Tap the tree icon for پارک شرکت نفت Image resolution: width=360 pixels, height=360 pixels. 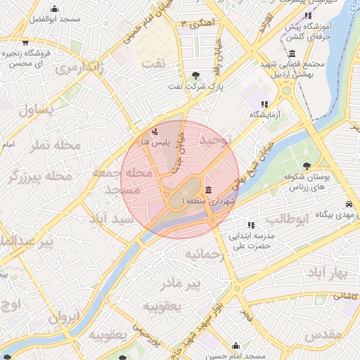[195, 75]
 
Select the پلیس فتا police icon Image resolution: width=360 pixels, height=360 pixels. [155, 131]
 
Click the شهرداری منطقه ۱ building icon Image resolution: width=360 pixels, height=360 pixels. [209, 191]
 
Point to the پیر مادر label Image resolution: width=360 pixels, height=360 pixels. [200, 283]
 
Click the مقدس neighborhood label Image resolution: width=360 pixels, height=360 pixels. [324, 332]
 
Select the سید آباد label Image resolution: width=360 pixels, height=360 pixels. [112, 219]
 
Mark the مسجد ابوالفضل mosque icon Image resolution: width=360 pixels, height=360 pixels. [55, 9]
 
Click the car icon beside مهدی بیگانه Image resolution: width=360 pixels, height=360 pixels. [349, 204]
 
